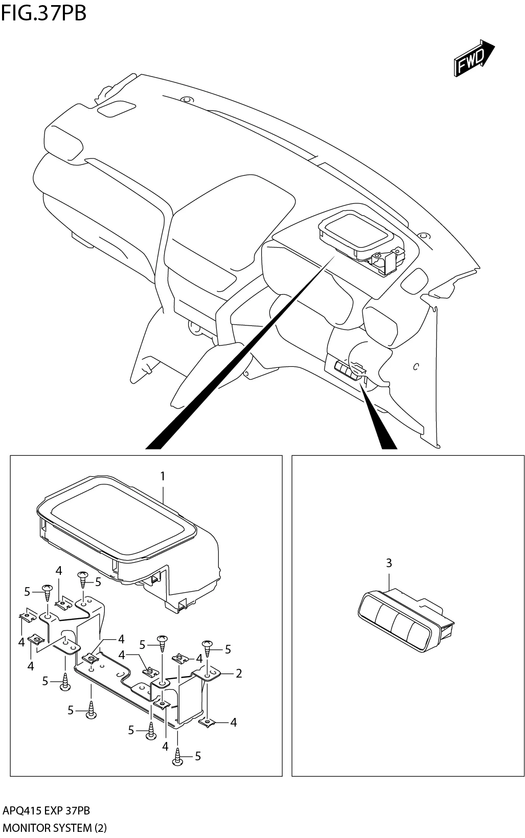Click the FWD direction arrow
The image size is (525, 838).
pos(473,60)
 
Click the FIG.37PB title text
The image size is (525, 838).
pos(43,13)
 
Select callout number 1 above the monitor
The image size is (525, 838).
pos(163,476)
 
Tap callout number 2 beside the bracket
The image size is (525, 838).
pos(239,673)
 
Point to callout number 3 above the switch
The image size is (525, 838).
pos(389,563)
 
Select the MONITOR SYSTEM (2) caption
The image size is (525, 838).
pos(55,828)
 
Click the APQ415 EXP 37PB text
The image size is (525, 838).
pos(47,811)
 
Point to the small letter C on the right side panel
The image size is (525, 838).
pos(416,366)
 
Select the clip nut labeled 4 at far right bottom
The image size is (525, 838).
pos(208,722)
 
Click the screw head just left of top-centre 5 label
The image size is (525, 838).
pos(83,579)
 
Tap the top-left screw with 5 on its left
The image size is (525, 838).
pos(47,591)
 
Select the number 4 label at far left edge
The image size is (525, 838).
pos(21,642)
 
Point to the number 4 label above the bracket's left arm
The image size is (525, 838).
pos(59,571)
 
